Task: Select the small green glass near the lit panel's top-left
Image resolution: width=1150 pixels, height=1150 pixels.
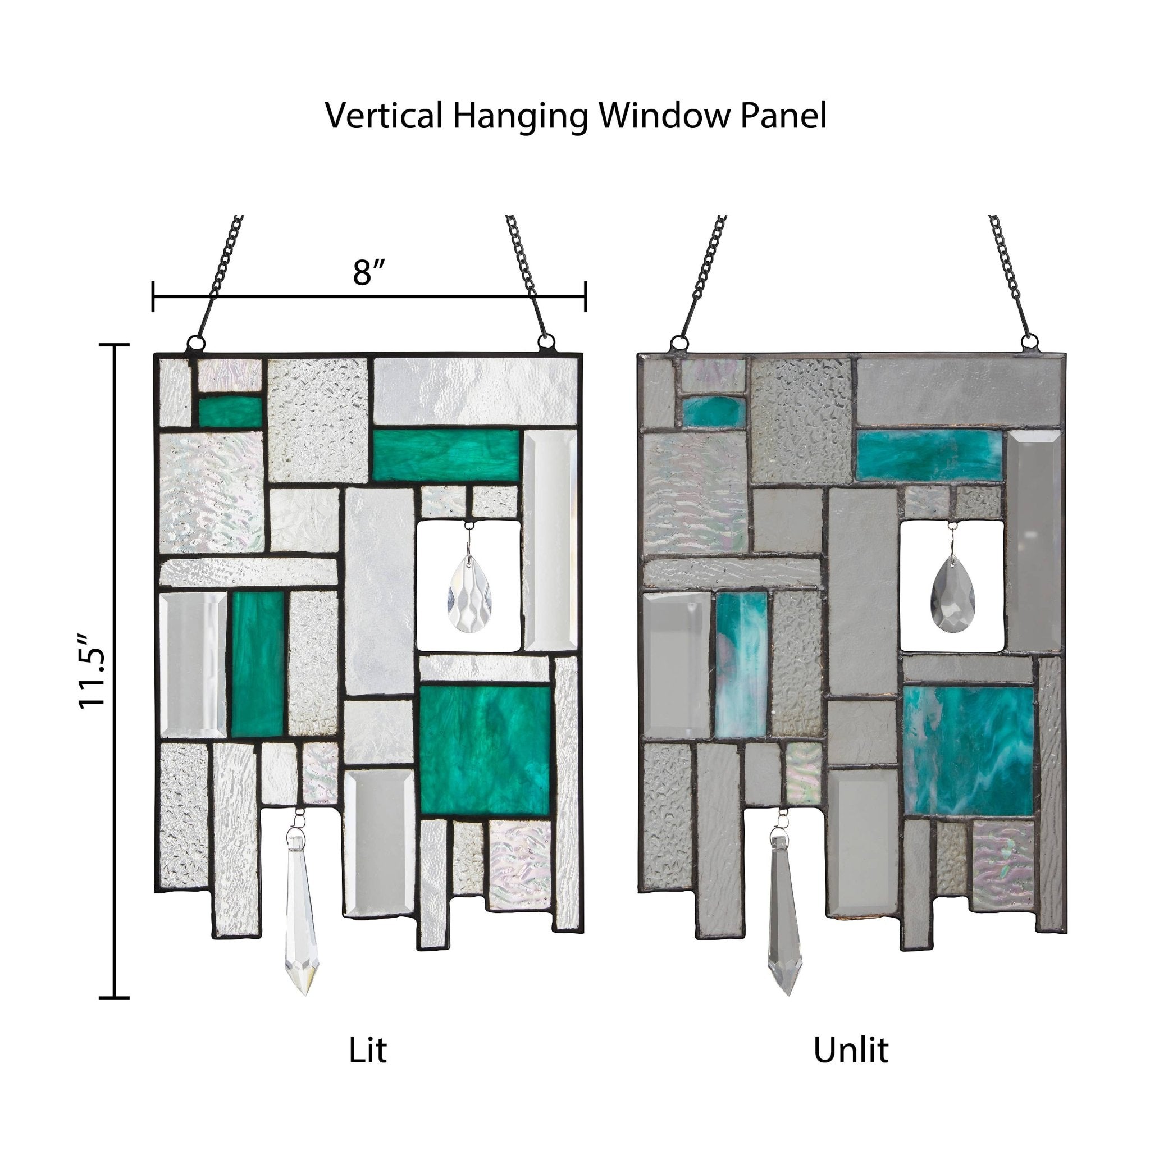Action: coord(230,411)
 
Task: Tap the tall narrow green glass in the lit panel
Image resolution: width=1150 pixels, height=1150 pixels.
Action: coord(257,664)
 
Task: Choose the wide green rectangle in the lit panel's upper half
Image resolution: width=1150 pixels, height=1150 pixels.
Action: coord(446,454)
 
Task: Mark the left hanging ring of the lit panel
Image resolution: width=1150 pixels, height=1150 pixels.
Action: coord(195,343)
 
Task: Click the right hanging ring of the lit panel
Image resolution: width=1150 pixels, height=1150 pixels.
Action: coord(546,343)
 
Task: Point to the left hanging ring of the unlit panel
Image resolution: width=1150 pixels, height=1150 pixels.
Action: coord(678,344)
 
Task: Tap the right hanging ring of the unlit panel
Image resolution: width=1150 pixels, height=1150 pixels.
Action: coord(1029,344)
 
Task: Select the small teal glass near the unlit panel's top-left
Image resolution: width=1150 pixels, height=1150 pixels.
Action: coord(713,410)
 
